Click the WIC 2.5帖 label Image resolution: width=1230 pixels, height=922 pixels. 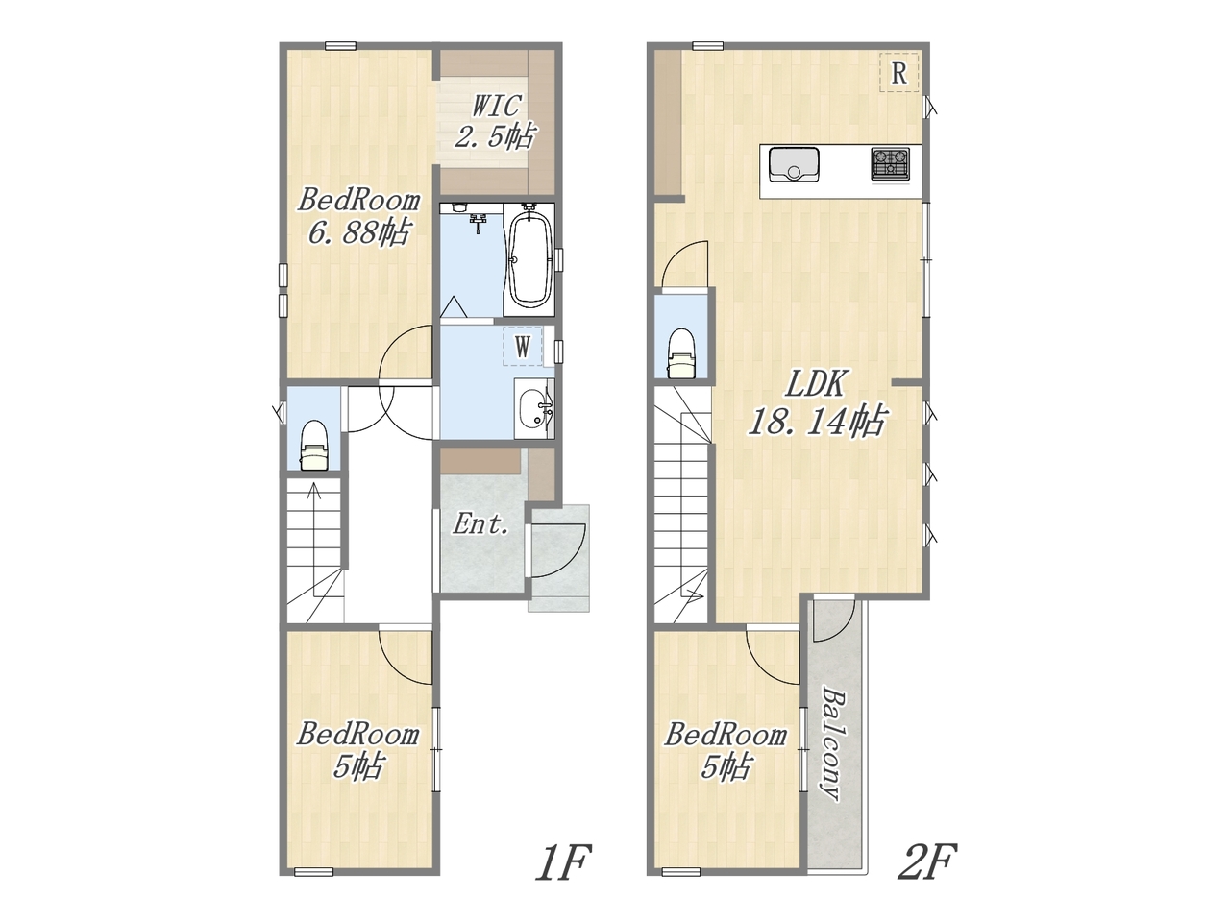pyautogui.click(x=495, y=121)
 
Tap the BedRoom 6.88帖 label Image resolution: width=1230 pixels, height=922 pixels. pyautogui.click(x=358, y=216)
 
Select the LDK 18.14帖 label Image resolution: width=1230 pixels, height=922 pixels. pyautogui.click(x=817, y=402)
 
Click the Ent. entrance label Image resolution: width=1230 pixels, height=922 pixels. pyautogui.click(x=480, y=524)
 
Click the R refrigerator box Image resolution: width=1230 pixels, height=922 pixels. pyautogui.click(x=898, y=72)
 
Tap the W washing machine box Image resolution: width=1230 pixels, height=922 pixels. pyautogui.click(x=522, y=347)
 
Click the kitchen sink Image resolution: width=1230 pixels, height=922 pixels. pyautogui.click(x=794, y=164)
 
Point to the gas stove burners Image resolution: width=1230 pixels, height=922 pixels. pyautogui.click(x=890, y=164)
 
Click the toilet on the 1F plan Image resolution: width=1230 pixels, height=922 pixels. pyautogui.click(x=314, y=447)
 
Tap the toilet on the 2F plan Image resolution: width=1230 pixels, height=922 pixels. pyautogui.click(x=681, y=353)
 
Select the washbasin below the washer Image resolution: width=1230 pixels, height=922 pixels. pyautogui.click(x=534, y=408)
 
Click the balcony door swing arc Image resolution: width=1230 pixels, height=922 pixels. pyautogui.click(x=835, y=621)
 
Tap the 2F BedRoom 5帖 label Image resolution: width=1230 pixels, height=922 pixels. pyautogui.click(x=726, y=750)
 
